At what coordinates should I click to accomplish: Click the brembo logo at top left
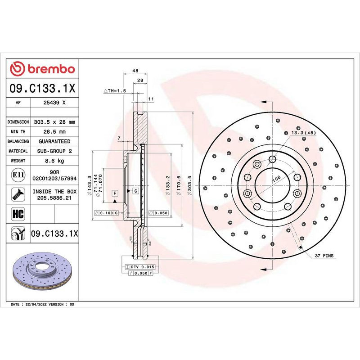click(43, 69)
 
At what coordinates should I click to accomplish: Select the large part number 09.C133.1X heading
click(42, 89)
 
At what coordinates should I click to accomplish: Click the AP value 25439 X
click(55, 103)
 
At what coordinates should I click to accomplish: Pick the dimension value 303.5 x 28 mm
click(55, 122)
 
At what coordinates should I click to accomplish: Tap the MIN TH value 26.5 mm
click(55, 132)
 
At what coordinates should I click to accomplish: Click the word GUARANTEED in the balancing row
click(55, 141)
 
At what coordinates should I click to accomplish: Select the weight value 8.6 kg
click(55, 161)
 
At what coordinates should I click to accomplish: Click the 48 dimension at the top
click(135, 71)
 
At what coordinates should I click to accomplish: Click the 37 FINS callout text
click(324, 255)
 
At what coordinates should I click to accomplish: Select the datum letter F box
click(115, 193)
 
